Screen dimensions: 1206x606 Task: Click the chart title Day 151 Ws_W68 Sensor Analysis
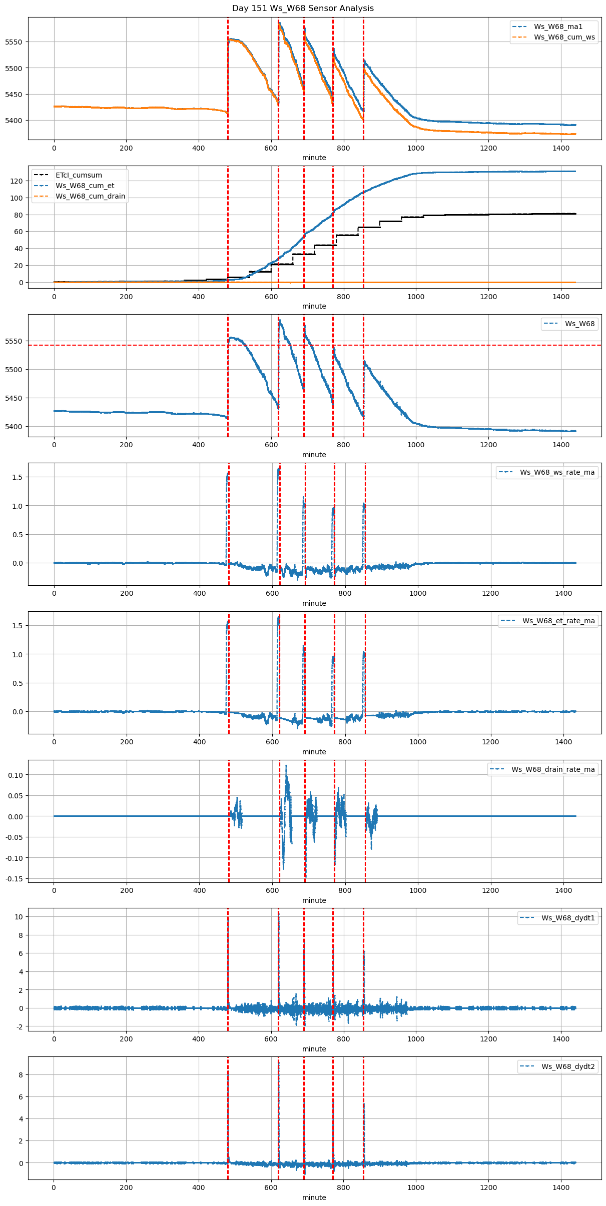coord(303,9)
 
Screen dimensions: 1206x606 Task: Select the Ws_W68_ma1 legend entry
coord(558,27)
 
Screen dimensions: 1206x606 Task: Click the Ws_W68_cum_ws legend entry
coord(564,37)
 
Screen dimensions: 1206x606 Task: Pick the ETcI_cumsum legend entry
coord(79,175)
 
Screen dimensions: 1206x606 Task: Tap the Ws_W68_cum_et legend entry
coord(85,186)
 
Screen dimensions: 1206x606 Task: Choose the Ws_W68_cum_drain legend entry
coord(90,196)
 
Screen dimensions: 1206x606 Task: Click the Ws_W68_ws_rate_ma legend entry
coord(557,472)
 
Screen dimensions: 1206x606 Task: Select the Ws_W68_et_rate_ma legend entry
coord(558,621)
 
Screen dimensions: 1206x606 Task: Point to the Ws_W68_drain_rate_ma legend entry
coord(553,769)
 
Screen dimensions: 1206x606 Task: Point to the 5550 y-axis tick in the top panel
coord(14,42)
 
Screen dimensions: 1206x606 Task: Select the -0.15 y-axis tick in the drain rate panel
coord(14,879)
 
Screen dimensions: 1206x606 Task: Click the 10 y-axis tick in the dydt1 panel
coord(19,917)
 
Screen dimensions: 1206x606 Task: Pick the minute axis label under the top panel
coord(314,158)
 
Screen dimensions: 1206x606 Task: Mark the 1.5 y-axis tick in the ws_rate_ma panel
coord(17,477)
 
